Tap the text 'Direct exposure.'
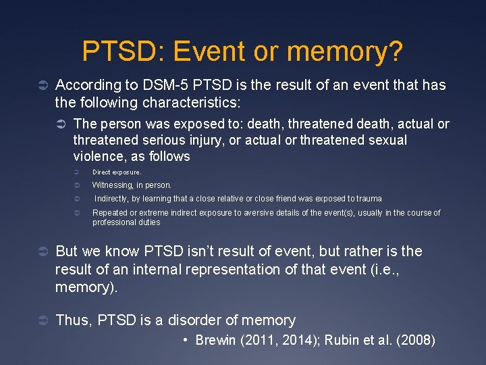116,172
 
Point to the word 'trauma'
369,199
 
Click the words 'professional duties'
126,222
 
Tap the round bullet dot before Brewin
186,340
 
